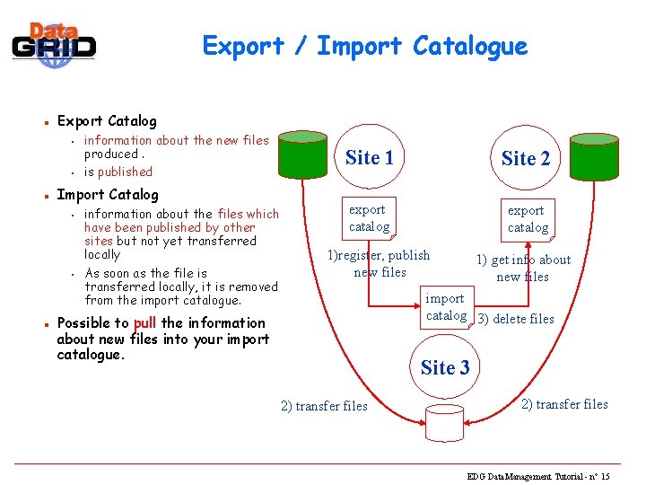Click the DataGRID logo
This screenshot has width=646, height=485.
(53, 41)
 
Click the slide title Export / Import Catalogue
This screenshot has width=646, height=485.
(364, 45)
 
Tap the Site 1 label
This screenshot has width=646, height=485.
(370, 158)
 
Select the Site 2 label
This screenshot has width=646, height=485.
(526, 159)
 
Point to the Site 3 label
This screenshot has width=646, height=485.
(445, 367)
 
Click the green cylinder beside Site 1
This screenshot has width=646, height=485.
(305, 158)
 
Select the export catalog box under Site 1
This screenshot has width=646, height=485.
(369, 218)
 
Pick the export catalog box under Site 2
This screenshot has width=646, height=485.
(528, 219)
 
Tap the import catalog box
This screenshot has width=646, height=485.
(446, 307)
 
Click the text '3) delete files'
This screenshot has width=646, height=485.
(516, 319)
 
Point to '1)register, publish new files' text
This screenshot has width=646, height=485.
(379, 264)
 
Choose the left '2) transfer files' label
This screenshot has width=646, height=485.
(324, 406)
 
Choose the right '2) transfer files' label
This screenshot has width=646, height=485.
(564, 404)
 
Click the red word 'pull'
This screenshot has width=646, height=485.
(144, 323)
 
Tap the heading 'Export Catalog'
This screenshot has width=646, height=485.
(107, 120)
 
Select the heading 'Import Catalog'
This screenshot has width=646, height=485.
(107, 194)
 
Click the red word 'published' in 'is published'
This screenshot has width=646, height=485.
(126, 172)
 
